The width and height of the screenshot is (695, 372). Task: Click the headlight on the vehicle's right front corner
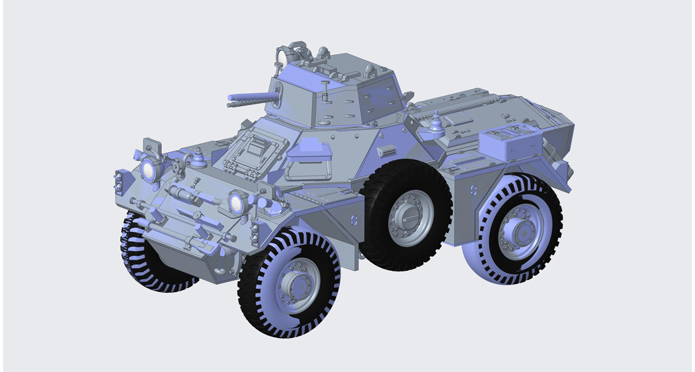pyautogui.click(x=148, y=169)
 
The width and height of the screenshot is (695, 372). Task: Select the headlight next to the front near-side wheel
pyautogui.click(x=236, y=202)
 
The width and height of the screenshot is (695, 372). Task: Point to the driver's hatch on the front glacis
pyautogui.click(x=255, y=152)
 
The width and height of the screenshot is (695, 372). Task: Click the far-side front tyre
pyautogui.click(x=140, y=260)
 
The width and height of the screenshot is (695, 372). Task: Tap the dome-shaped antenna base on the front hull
pyautogui.click(x=200, y=159)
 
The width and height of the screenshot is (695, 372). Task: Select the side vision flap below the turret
pyautogui.click(x=308, y=151)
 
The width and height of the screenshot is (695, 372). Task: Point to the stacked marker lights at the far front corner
pyautogui.click(x=118, y=181)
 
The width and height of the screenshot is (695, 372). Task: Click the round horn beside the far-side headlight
pyautogui.click(x=179, y=166)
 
